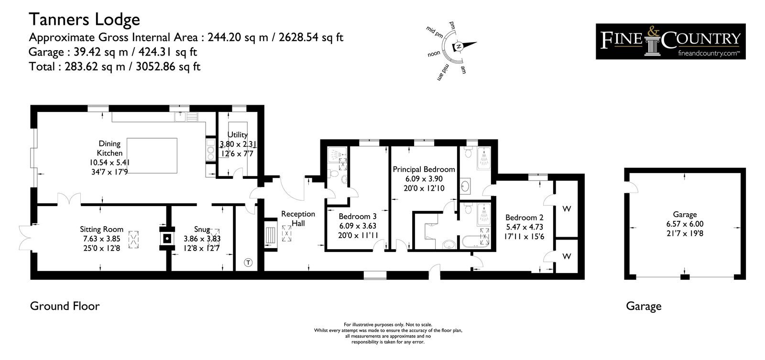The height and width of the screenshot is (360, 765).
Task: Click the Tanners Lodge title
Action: click(x=84, y=20)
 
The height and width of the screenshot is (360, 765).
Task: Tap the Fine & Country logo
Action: click(x=670, y=41)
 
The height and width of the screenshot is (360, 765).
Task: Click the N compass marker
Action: click(x=459, y=46)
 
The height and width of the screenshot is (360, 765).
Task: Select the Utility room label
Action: click(x=237, y=134)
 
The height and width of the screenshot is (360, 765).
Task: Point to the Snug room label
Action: click(x=202, y=229)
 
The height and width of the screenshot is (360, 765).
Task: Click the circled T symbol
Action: click(x=248, y=262)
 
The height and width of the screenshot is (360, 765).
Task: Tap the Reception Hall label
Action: click(x=298, y=218)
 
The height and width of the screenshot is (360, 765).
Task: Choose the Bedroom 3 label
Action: click(x=358, y=217)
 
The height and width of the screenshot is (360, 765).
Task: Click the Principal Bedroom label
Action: click(x=424, y=169)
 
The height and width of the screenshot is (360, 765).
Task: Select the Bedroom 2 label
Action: click(x=524, y=218)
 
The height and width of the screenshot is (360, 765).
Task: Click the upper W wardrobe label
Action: click(x=567, y=209)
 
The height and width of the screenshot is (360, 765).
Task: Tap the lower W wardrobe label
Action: click(x=567, y=256)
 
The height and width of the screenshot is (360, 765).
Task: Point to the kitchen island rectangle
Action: click(x=152, y=155)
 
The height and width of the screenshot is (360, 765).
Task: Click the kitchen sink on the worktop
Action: click(x=186, y=117)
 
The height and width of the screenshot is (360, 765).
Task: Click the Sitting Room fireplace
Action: click(x=167, y=239)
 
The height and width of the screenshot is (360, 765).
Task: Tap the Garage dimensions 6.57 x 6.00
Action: click(x=685, y=224)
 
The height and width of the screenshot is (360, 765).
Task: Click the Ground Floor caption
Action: click(x=65, y=306)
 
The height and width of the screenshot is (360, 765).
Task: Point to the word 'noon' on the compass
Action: click(x=434, y=54)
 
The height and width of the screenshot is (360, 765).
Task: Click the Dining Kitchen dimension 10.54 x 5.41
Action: click(x=109, y=163)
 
